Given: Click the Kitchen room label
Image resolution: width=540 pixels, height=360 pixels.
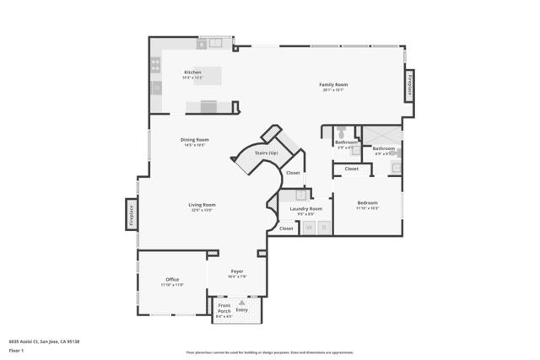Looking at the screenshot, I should pos(193,73).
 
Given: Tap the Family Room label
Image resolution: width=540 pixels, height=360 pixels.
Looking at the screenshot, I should pos(333,84).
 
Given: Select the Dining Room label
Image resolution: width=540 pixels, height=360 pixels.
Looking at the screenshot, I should pos(195,140).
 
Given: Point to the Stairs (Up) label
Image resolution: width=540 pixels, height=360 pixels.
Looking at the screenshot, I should pos(267,153).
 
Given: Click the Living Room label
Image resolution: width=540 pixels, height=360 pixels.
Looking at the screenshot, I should pos(202,205).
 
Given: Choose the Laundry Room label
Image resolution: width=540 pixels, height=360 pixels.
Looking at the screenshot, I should pos(305,208).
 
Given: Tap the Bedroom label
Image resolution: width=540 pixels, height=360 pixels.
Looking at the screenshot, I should pos(367,203).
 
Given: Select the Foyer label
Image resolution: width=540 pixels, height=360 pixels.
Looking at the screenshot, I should pos(237,271).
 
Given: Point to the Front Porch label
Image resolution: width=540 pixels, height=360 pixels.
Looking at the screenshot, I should pos(224,308).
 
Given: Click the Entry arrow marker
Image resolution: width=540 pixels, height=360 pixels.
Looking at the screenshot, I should pos(242,301).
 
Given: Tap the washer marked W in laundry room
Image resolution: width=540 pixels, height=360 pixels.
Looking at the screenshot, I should pos(309,228).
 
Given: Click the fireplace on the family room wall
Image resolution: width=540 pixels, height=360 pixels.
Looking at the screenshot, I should pos(410,86).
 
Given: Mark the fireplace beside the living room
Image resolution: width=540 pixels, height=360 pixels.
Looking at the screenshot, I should pos(131,213).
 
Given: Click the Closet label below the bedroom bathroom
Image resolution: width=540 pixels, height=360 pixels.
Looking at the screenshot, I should pos(351,169).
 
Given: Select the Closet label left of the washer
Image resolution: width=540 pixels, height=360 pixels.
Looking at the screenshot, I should pos(286,228).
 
